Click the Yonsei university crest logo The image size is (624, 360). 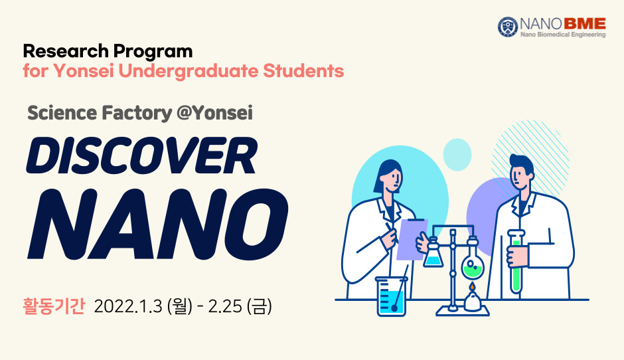coord(508,27)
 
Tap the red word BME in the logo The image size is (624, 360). coord(585,24)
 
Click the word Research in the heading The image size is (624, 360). coord(66,51)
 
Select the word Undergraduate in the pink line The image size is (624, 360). coord(189,71)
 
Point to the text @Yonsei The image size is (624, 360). coord(214,113)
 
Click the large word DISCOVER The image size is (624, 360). coord(141,155)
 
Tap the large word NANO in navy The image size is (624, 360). coord(157,224)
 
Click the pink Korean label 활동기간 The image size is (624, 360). coord(54,306)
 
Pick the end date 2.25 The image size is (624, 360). coord(225,306)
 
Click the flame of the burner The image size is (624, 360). coord(471,287)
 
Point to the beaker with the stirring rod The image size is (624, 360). coord(391,296)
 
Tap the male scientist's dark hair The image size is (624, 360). coord(522,164)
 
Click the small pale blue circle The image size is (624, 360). coord(457,155)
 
